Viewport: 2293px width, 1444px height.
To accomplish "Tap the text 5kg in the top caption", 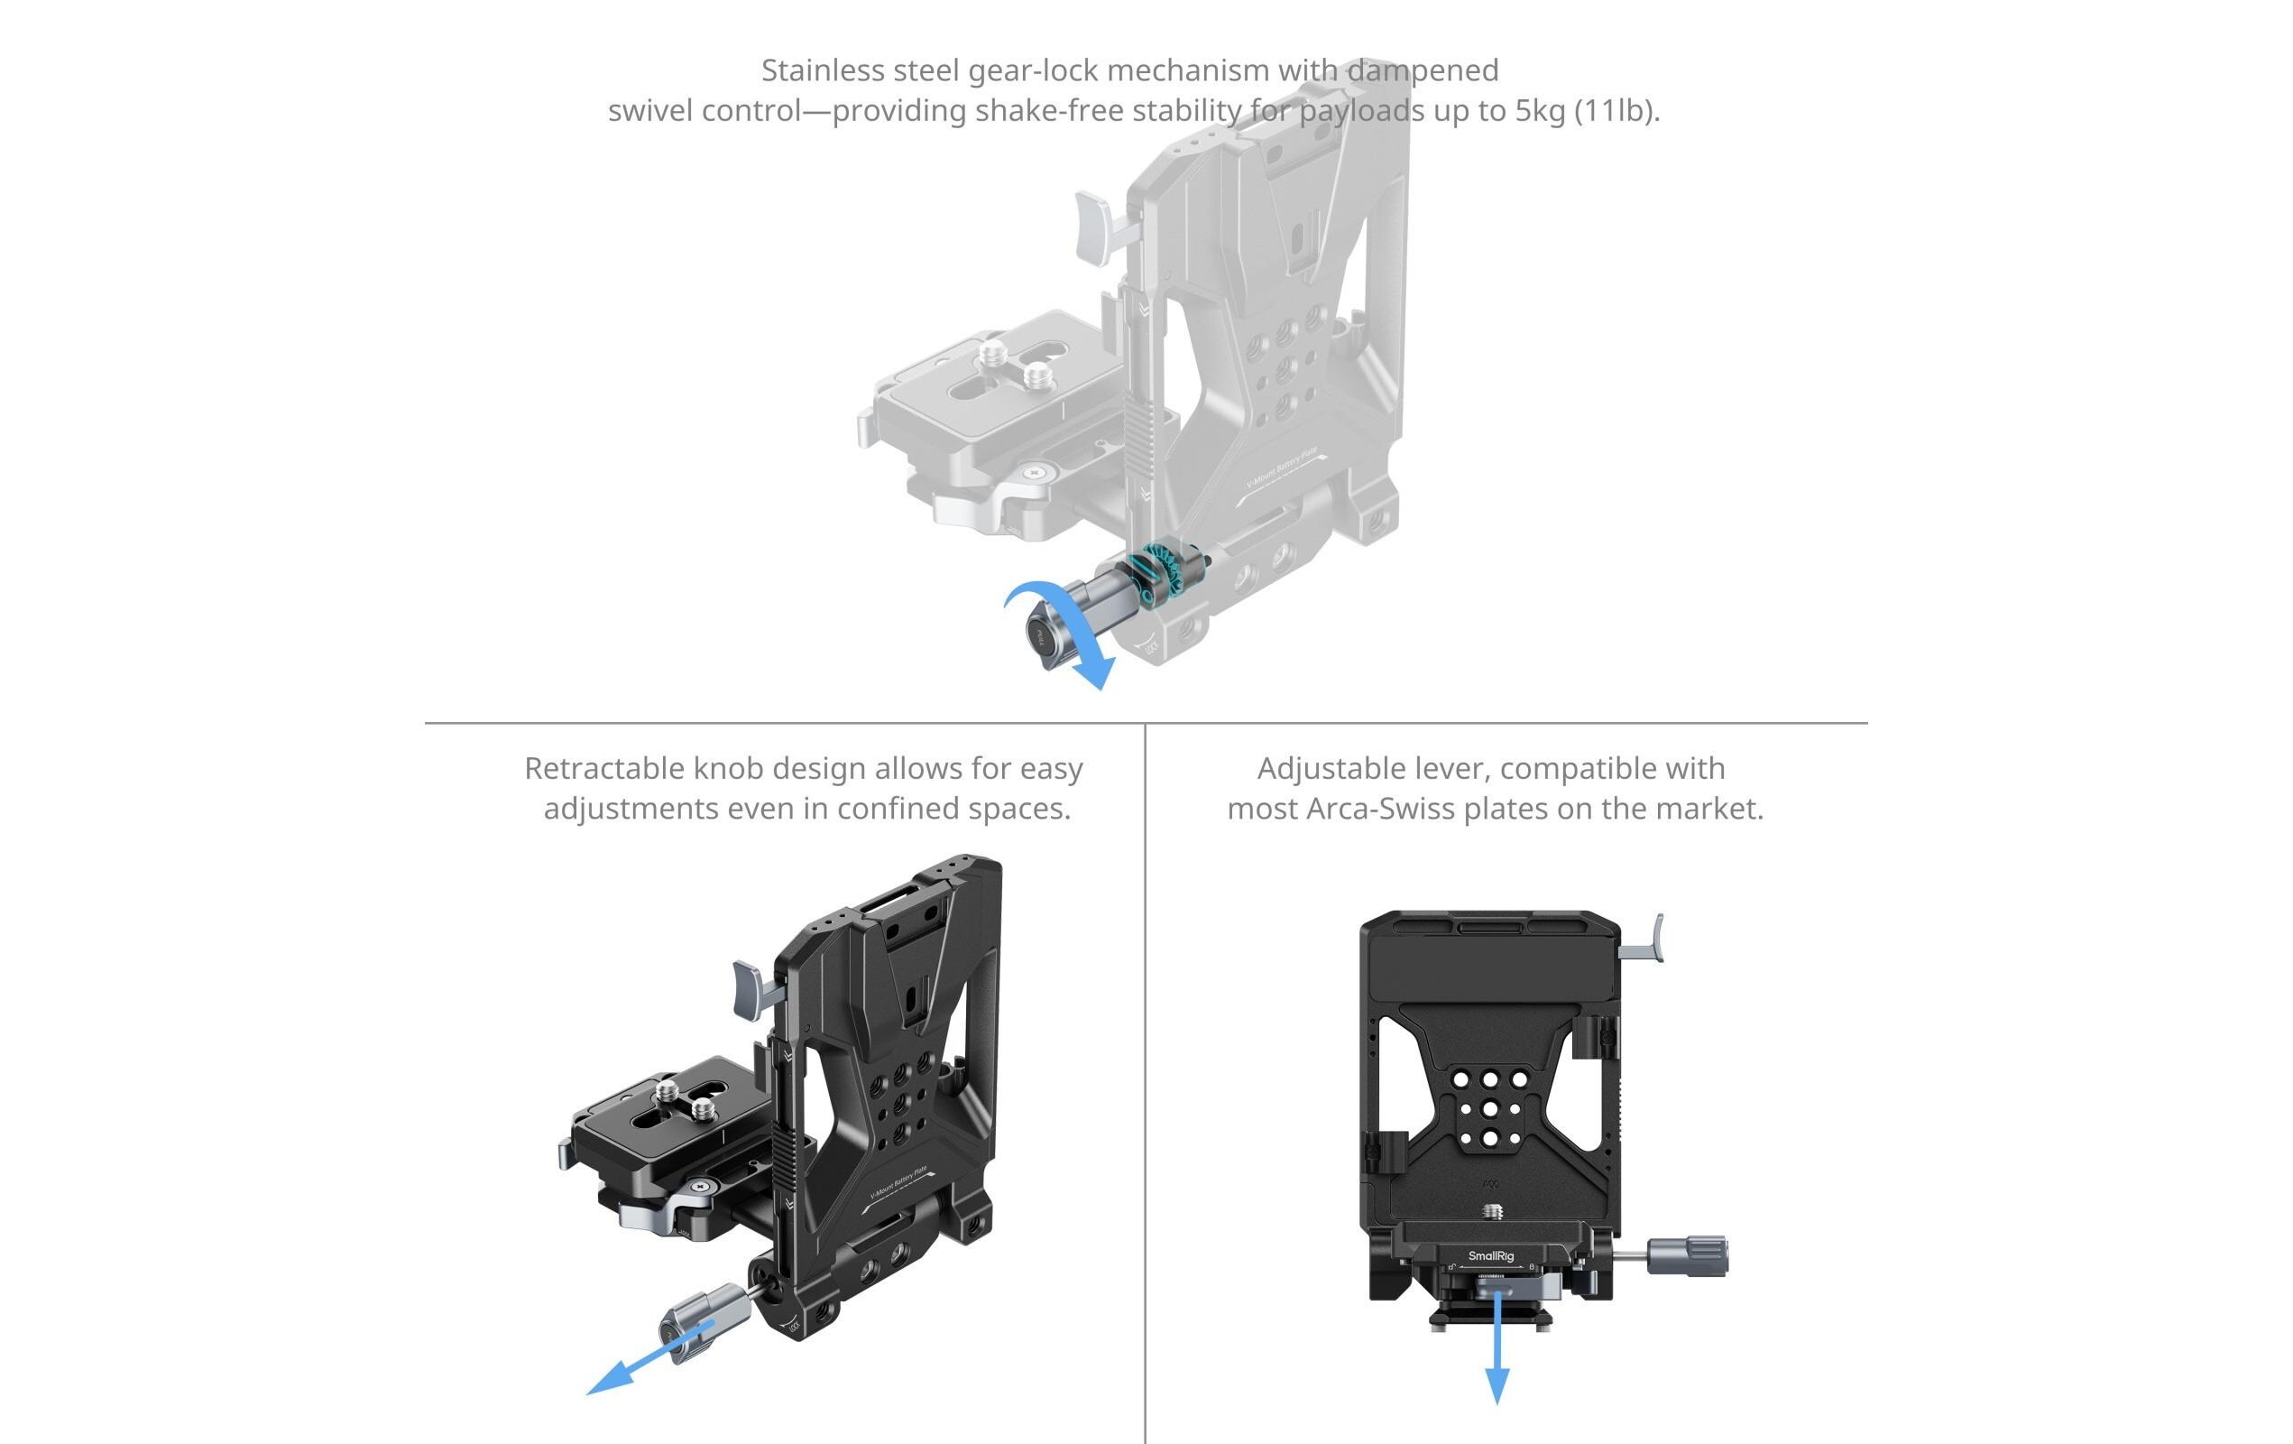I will click(x=1540, y=111).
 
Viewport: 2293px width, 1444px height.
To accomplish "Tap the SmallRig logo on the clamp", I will click(x=1491, y=1256).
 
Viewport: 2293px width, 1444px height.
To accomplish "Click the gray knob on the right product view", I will click(x=1689, y=1256).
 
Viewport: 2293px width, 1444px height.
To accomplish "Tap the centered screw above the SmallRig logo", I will click(x=1492, y=1211).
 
